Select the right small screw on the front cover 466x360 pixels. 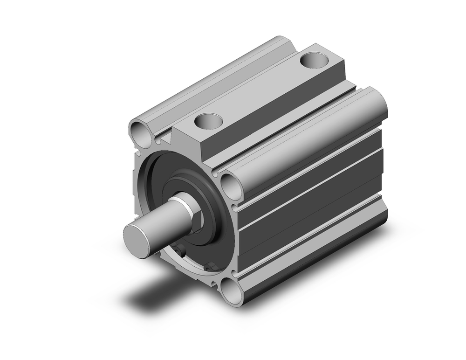[209, 267]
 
